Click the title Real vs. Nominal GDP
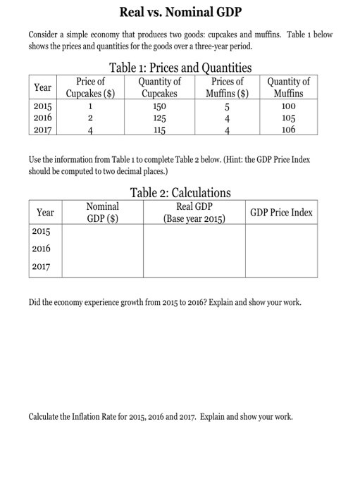[x=180, y=12]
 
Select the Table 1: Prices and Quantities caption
[x=180, y=68]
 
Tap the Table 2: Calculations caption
[x=180, y=192]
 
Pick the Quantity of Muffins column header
[x=288, y=88]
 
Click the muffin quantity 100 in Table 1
[x=288, y=106]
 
